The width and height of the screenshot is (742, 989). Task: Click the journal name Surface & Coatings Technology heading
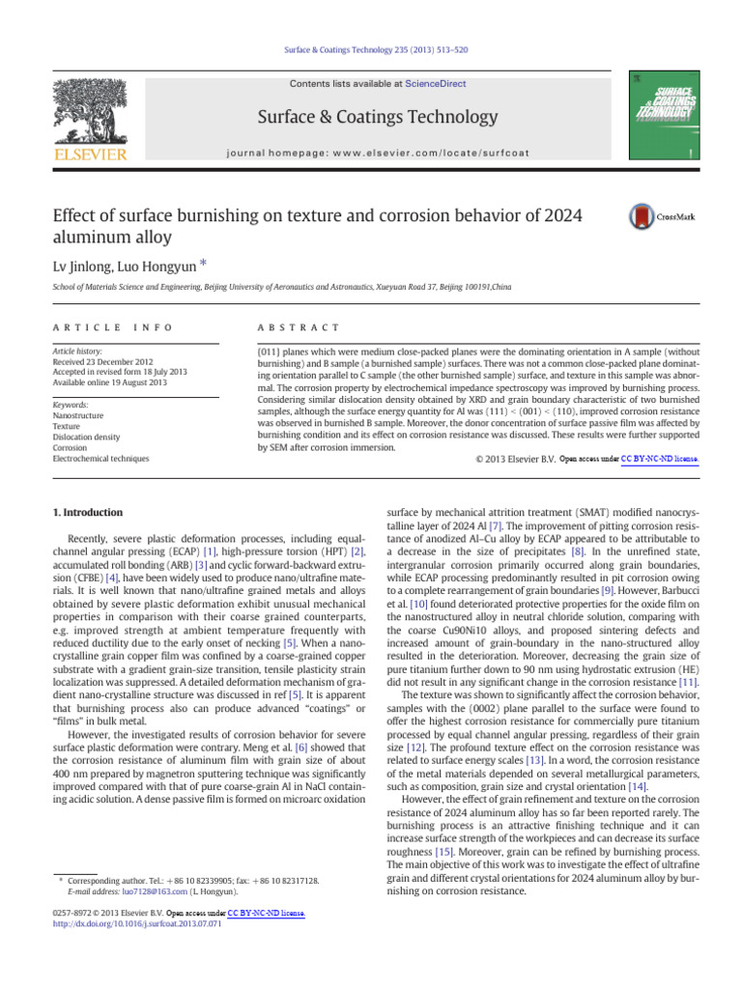[x=371, y=117]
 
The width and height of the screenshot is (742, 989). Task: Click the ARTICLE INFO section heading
[x=93, y=328]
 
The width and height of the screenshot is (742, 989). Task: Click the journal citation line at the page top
[x=371, y=49]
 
